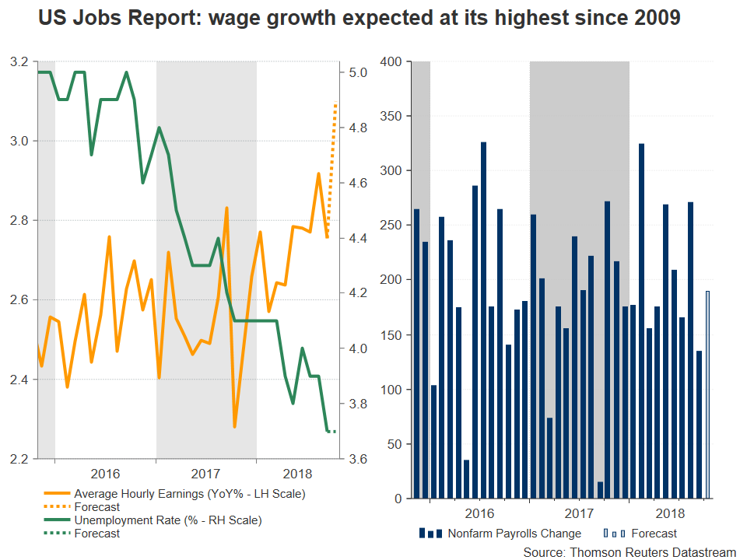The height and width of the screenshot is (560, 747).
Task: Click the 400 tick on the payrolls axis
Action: point(391,61)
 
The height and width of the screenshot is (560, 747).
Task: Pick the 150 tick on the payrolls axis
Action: point(391,335)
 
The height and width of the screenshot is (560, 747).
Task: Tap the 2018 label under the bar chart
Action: point(671,514)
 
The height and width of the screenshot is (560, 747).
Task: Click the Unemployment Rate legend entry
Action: point(167,520)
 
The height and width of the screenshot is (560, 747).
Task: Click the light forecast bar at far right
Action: point(707,394)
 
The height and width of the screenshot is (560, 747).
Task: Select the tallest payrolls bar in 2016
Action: point(483,319)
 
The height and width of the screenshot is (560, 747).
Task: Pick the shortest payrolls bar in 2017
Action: point(600,489)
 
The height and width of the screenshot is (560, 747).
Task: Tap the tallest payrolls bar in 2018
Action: point(641,320)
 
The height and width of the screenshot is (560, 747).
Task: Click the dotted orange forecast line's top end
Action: point(336,101)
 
